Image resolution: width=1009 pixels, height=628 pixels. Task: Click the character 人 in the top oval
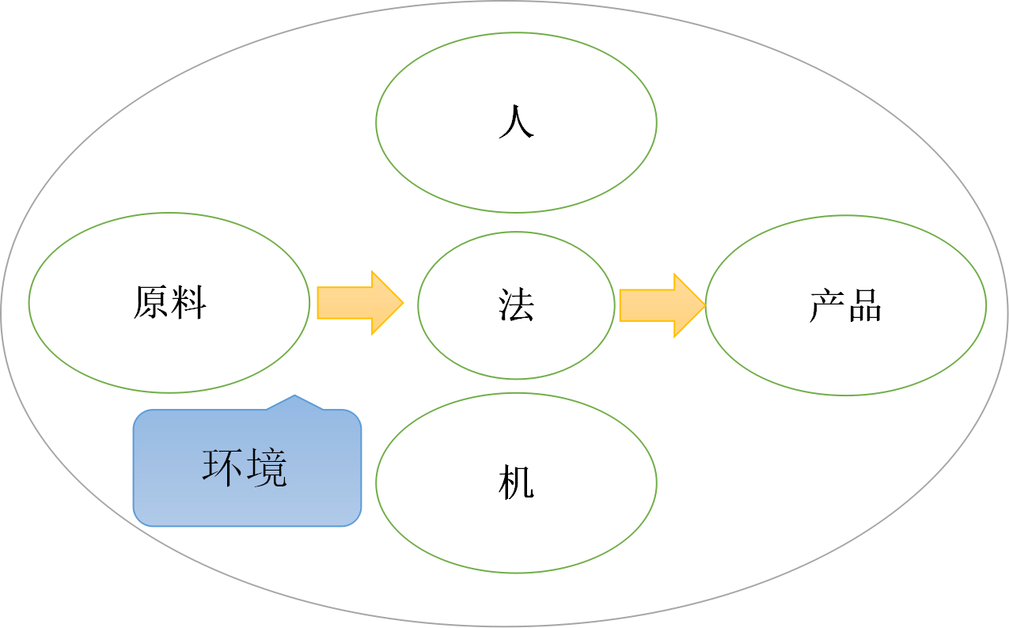516,123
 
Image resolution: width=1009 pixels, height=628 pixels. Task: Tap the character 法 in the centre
516,305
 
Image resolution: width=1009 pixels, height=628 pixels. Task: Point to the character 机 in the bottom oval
516,482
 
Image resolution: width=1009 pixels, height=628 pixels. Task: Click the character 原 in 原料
150,302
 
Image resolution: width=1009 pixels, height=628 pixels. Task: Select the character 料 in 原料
189,302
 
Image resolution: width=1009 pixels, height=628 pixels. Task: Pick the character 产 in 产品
826,305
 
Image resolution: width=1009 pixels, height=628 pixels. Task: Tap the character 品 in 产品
864,305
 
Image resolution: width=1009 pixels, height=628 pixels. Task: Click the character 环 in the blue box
223,467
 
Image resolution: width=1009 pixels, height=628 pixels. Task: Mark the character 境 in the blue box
266,467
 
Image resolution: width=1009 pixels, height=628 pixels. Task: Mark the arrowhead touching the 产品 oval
692,305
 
